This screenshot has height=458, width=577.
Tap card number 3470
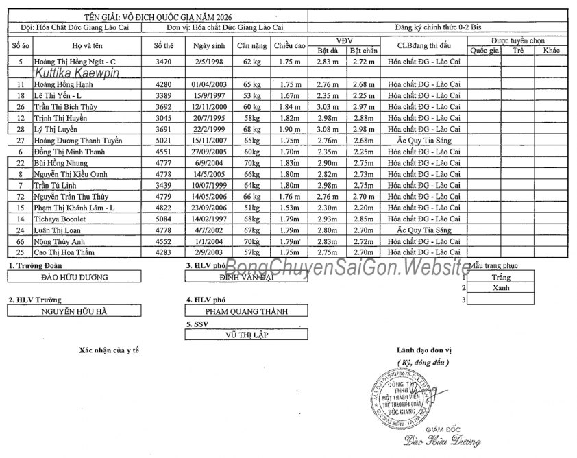[x=163, y=62]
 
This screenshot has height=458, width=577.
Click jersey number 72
[x=21, y=196]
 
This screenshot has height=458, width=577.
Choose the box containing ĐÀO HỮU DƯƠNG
[x=74, y=277]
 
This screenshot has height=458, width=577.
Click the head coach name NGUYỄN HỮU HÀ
[x=74, y=311]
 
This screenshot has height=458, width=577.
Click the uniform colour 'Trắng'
[x=501, y=278]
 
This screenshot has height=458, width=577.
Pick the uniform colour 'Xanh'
[x=501, y=288]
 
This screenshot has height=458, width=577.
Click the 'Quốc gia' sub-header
[x=484, y=51]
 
